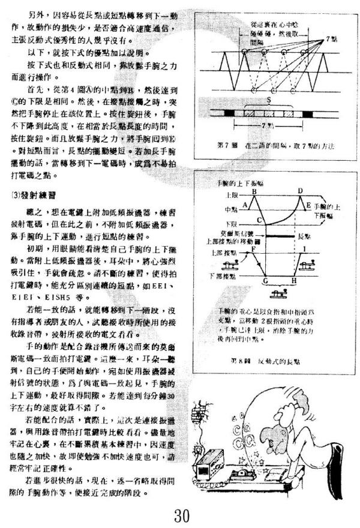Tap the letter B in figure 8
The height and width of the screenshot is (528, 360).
pos(255,191)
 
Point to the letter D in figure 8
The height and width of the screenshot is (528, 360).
pos(301,191)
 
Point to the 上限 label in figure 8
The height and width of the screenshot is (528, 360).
pos(226,196)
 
